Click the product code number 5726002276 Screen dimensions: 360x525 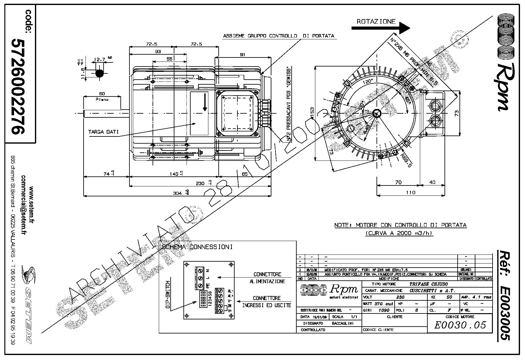point(18,86)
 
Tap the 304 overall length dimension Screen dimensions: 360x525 point(177,193)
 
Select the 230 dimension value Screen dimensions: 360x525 point(200,183)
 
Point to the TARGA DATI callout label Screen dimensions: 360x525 point(103,132)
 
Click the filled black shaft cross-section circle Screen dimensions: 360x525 point(100,73)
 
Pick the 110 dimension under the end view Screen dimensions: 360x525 point(411,192)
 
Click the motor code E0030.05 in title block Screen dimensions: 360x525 point(460,325)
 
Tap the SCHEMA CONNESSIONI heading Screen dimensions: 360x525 point(197,247)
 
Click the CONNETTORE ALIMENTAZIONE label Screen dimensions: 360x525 point(267,278)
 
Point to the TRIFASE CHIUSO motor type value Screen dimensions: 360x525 point(428,284)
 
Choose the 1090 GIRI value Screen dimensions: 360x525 point(384,310)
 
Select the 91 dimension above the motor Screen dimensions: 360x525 point(242,55)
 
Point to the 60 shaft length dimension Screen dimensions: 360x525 point(102,94)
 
